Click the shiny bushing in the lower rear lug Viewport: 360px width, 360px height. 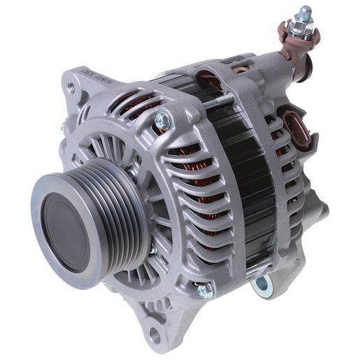[263, 283]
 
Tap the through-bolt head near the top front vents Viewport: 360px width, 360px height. [162, 122]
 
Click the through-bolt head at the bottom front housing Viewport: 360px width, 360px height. [205, 289]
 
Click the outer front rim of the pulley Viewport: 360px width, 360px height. [42, 245]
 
